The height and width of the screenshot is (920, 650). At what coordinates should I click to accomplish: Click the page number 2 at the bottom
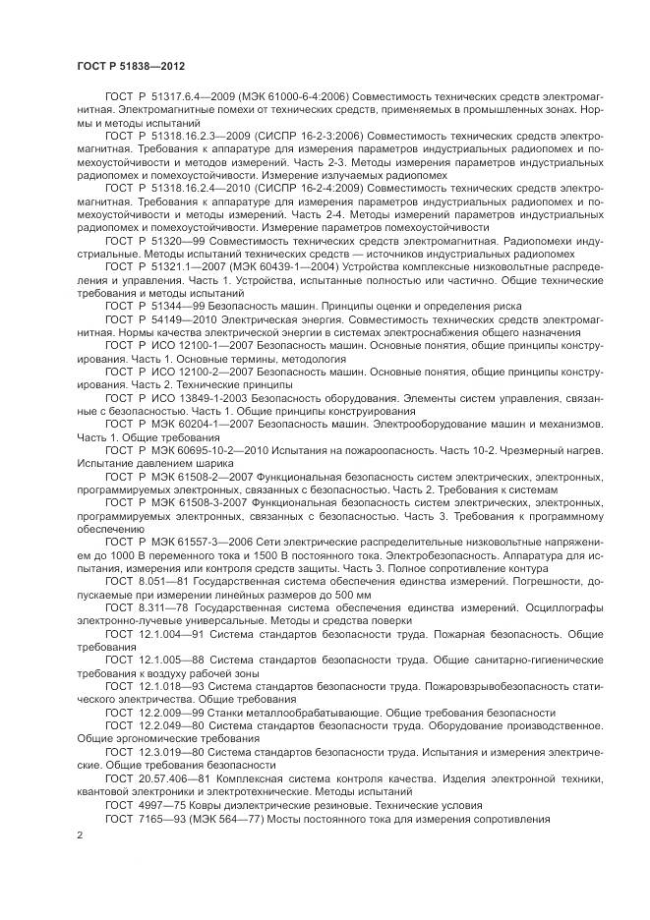(80, 835)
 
